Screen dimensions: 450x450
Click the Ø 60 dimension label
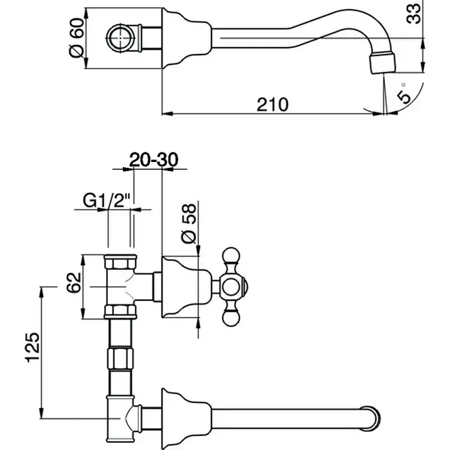(x=77, y=37)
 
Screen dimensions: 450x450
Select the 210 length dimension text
(x=273, y=104)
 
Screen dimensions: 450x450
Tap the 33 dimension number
(x=413, y=13)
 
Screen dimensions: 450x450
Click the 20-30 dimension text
(x=154, y=159)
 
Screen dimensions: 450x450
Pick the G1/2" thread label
(x=107, y=201)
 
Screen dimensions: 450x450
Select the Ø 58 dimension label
(x=188, y=224)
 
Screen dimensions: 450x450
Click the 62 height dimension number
(x=74, y=282)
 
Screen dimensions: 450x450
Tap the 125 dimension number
(x=32, y=348)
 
